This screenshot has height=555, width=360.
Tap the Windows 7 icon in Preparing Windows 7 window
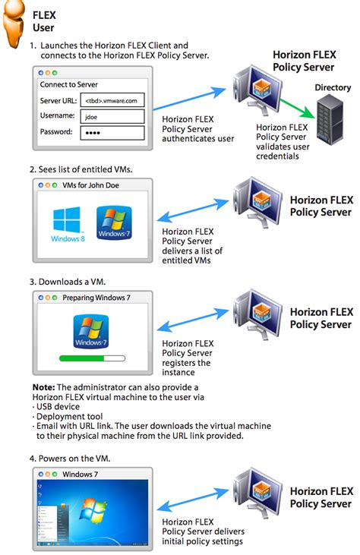[93, 330]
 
